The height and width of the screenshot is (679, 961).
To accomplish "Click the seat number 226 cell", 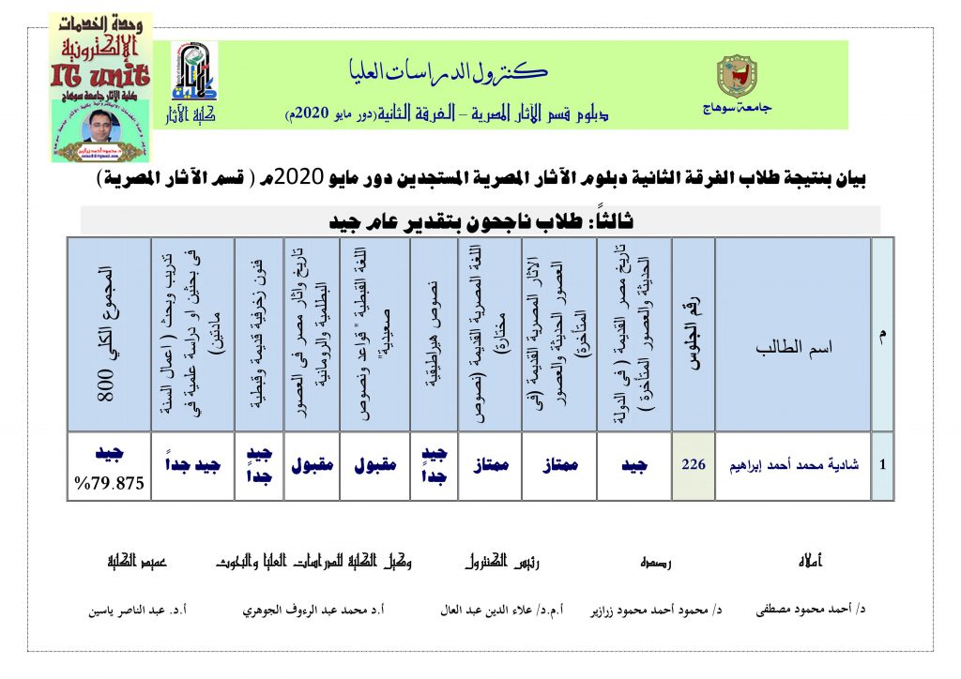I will [x=693, y=465].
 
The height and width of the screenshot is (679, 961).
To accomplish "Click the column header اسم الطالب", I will [x=793, y=347].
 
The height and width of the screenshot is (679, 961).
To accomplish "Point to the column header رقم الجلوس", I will [x=693, y=334].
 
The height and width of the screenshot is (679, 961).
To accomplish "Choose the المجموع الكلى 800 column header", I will [x=110, y=334].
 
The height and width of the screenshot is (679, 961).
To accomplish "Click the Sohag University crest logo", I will [x=734, y=76].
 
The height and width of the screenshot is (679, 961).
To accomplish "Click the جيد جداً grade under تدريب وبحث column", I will [x=191, y=466].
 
